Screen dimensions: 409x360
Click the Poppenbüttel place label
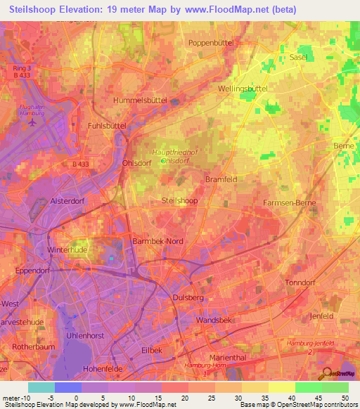click(x=212, y=43)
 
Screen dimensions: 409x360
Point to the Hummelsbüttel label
click(x=140, y=100)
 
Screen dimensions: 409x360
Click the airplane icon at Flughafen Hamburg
click(x=31, y=122)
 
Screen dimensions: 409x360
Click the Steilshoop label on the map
click(x=179, y=200)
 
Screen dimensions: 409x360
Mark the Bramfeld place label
click(x=221, y=180)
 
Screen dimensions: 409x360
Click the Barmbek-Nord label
click(x=157, y=241)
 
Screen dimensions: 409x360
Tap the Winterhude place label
click(x=65, y=250)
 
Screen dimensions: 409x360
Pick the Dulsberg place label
click(x=188, y=298)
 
